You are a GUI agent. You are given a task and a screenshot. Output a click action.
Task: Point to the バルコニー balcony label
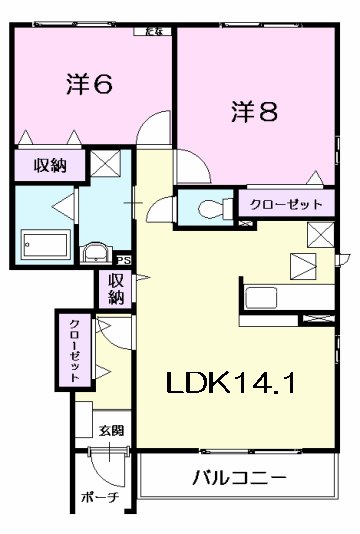240,477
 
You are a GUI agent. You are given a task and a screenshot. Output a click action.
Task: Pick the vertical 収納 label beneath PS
116,288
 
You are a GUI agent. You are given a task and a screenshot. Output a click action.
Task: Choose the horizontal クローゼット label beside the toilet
286,204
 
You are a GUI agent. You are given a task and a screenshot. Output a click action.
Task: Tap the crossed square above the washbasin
107,162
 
